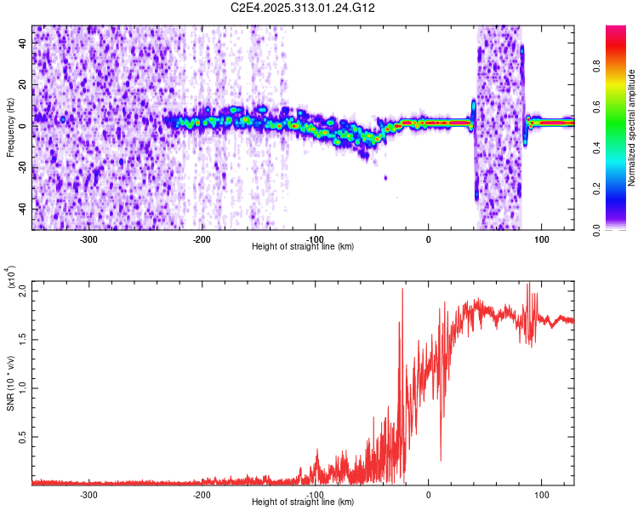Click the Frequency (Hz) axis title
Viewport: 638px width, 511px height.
(x=10, y=128)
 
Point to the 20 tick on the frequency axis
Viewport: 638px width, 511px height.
(x=23, y=83)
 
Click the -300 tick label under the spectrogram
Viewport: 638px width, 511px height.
(x=88, y=239)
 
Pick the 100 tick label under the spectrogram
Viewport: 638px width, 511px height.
(x=541, y=239)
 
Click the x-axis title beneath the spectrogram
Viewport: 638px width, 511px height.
(x=304, y=247)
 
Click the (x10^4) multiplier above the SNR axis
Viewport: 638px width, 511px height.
(x=12, y=277)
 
